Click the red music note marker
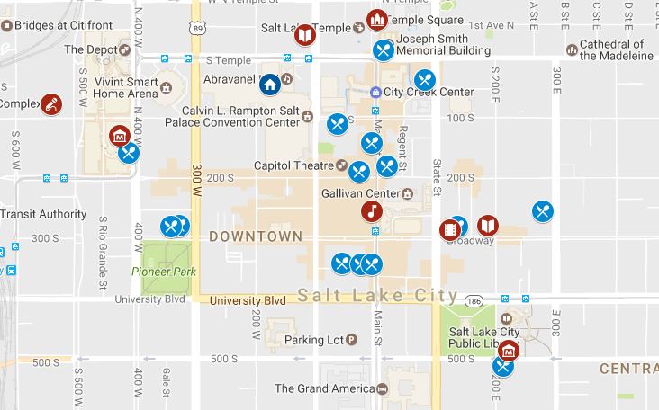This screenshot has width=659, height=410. (x=370, y=211)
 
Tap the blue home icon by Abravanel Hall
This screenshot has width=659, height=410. (x=268, y=85)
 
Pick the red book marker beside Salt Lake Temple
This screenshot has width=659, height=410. (x=305, y=35)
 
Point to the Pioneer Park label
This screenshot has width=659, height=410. (x=163, y=272)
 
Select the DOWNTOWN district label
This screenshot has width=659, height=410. (x=255, y=236)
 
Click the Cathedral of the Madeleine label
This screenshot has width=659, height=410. (x=617, y=49)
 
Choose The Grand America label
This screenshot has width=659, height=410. (x=324, y=389)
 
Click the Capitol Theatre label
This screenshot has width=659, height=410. (x=294, y=165)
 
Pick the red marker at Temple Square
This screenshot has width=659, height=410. (x=376, y=19)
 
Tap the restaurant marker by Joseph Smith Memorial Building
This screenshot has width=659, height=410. (x=384, y=49)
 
